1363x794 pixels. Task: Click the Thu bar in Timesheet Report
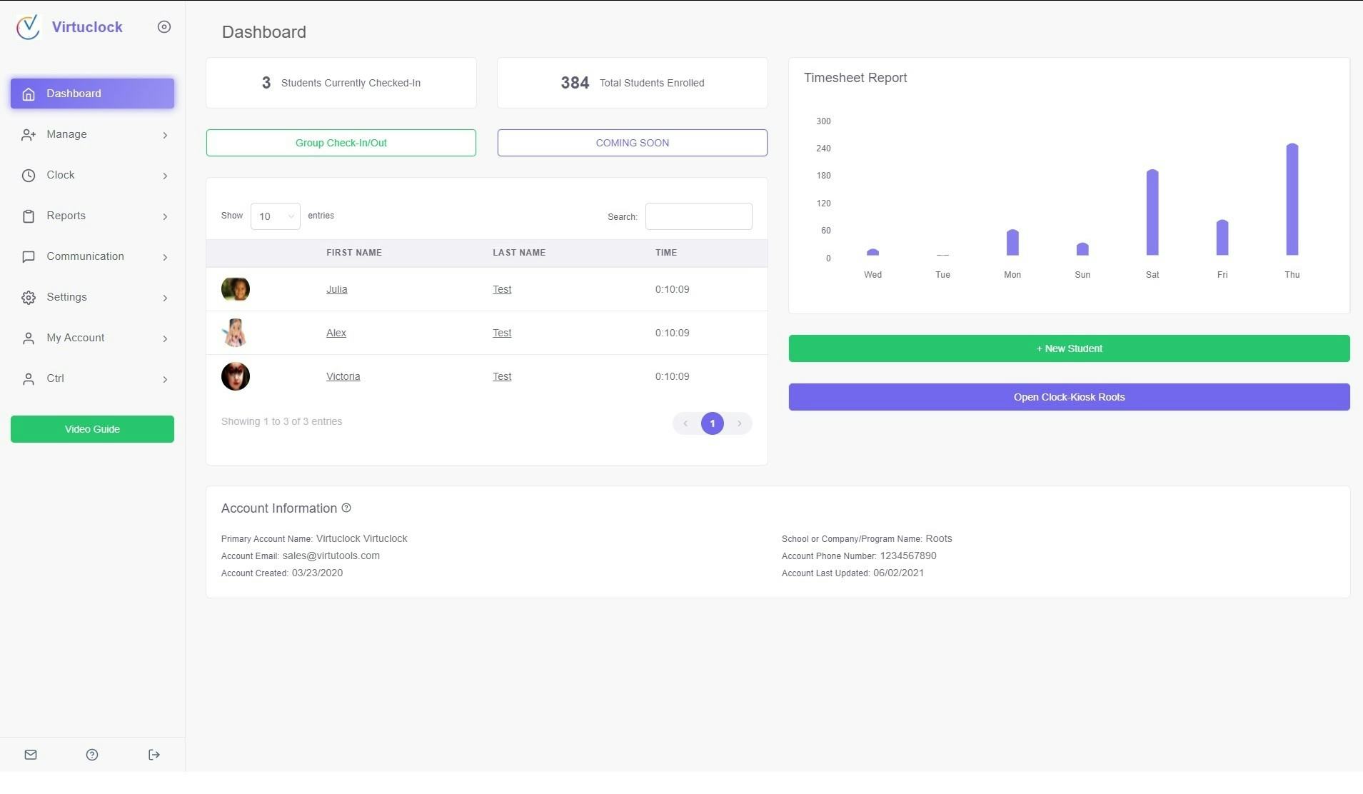pyautogui.click(x=1292, y=200)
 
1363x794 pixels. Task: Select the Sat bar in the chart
pyautogui.click(x=1152, y=213)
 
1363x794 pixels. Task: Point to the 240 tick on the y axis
pyautogui.click(x=823, y=149)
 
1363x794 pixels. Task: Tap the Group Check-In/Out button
pyautogui.click(x=341, y=143)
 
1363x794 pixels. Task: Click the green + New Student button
pyautogui.click(x=1069, y=348)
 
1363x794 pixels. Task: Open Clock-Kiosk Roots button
pyautogui.click(x=1069, y=397)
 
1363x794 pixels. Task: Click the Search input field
pyautogui.click(x=698, y=216)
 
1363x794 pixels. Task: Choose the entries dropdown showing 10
pyautogui.click(x=275, y=216)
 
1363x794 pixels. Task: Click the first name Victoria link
pyautogui.click(x=343, y=376)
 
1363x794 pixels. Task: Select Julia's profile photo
pyautogui.click(x=236, y=289)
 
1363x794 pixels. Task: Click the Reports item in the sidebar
pyautogui.click(x=66, y=216)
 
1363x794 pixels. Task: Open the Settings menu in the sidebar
pyautogui.click(x=66, y=297)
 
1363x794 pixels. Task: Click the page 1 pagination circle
pyautogui.click(x=712, y=423)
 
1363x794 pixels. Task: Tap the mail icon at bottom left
pyautogui.click(x=31, y=755)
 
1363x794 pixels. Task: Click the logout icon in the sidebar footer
pyautogui.click(x=154, y=755)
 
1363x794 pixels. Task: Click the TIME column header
pyautogui.click(x=665, y=253)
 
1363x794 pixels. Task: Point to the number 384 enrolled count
pyautogui.click(x=575, y=83)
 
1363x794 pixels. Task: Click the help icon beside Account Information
pyautogui.click(x=346, y=508)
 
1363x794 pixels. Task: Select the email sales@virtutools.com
pyautogui.click(x=331, y=556)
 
